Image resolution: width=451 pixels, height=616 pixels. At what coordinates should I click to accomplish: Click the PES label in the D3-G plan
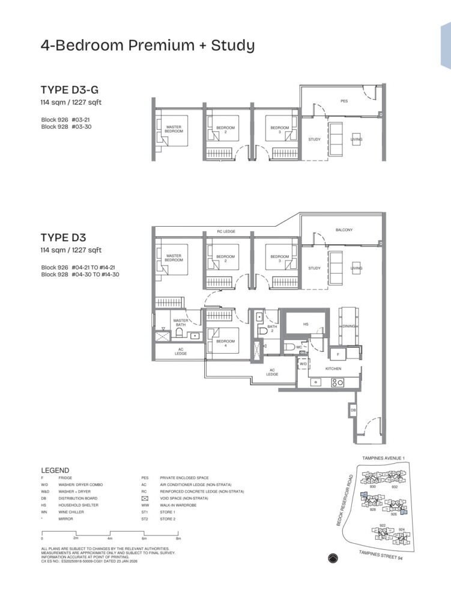tap(344, 101)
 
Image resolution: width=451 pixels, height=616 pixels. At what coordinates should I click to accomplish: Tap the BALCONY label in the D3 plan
tap(344, 230)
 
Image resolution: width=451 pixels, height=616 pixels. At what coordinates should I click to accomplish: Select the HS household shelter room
tap(306, 324)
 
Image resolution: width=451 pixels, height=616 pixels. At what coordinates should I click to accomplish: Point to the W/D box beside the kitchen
tap(303, 364)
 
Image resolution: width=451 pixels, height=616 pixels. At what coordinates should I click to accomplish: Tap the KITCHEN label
tap(333, 368)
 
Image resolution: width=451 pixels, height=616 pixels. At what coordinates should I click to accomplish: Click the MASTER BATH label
tap(181, 323)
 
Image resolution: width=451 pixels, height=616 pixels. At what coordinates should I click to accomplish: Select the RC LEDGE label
tap(226, 231)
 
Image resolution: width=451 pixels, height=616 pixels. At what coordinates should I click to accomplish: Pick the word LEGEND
tap(55, 470)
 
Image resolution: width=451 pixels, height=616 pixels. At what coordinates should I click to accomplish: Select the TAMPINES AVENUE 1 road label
tap(384, 458)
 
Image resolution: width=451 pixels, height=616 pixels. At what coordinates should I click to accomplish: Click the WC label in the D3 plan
tap(299, 347)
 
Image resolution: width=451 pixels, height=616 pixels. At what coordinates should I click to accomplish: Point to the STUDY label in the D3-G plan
tap(314, 140)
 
